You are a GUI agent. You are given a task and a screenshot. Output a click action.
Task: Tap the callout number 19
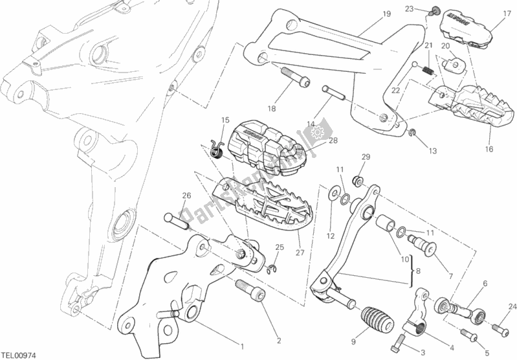367,14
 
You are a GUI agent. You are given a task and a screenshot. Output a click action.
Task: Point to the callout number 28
333,141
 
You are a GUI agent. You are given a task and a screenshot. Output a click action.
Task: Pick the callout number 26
186,196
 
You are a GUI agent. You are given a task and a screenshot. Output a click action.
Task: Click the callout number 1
241,345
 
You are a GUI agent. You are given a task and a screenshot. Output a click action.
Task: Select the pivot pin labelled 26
178,221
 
